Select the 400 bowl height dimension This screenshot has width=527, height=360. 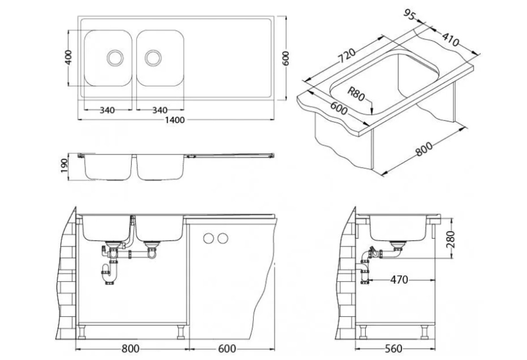coord(69,58)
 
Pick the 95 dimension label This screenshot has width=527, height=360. coord(409,15)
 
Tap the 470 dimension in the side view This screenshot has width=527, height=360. coord(398,280)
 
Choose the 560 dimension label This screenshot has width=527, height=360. coord(393,348)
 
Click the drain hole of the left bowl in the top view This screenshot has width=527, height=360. coord(115,57)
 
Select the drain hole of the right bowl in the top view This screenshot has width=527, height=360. coord(153,57)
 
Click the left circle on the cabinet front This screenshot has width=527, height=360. coord(208,238)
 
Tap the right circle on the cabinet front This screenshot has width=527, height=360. coord(222,238)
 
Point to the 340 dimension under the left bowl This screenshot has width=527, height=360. coord(107,110)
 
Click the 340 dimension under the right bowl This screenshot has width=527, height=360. coord(159,110)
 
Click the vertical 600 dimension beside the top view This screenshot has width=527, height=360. coord(287,58)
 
